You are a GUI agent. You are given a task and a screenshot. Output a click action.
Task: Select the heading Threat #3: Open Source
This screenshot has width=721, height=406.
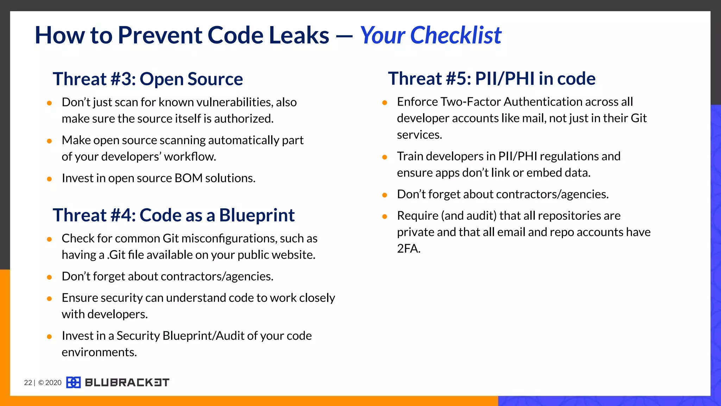pos(148,79)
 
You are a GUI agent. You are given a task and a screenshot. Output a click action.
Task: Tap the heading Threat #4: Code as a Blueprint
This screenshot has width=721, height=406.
pos(174,215)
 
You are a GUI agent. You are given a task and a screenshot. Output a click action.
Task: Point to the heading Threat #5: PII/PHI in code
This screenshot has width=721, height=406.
pos(491,78)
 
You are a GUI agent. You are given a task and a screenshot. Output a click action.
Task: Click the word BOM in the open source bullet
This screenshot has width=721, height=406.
pos(188,178)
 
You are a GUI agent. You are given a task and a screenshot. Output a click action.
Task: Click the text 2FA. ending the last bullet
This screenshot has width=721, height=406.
pos(409,249)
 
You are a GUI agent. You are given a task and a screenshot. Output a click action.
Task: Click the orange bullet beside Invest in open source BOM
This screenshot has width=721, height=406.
pos(49,179)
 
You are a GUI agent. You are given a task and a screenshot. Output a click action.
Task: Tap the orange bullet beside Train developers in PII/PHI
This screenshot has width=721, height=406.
pos(384,157)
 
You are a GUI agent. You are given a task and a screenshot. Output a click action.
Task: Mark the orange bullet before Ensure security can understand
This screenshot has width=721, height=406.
pos(49,299)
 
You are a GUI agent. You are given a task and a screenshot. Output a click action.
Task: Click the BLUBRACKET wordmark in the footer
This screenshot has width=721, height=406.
pos(127,382)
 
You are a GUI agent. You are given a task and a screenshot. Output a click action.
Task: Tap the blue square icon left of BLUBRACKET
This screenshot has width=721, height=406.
pos(73,382)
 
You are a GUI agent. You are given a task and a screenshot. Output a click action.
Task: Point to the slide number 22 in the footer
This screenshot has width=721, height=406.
pos(28,383)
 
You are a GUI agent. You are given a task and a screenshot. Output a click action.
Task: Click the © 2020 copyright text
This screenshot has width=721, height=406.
pos(50,383)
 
